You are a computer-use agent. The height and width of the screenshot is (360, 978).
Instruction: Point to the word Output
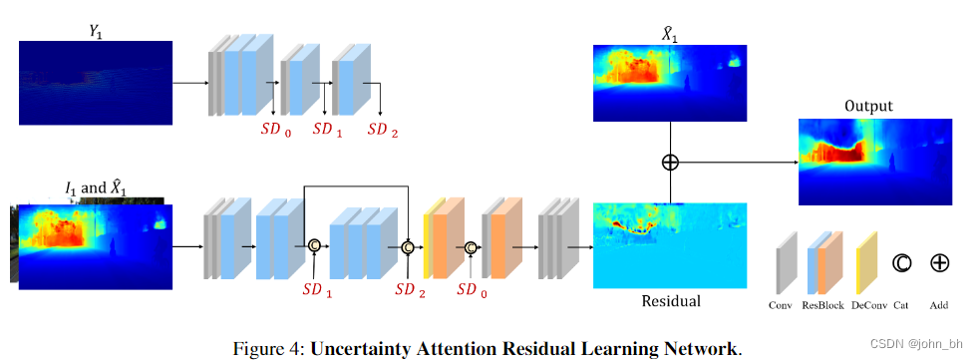pyautogui.click(x=868, y=106)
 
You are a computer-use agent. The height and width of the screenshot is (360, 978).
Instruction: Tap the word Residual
pyautogui.click(x=670, y=300)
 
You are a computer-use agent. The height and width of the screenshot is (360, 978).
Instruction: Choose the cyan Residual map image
pyautogui.click(x=670, y=245)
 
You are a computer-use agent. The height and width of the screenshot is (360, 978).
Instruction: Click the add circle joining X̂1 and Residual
pyautogui.click(x=671, y=161)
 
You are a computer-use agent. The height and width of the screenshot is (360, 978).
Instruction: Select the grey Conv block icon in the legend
pyautogui.click(x=787, y=262)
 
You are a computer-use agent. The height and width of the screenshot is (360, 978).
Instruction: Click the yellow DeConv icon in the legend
pyautogui.click(x=866, y=262)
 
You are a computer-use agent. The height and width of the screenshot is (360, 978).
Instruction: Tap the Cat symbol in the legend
pyautogui.click(x=901, y=263)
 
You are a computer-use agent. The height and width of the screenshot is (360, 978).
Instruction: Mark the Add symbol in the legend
pyautogui.click(x=939, y=263)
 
